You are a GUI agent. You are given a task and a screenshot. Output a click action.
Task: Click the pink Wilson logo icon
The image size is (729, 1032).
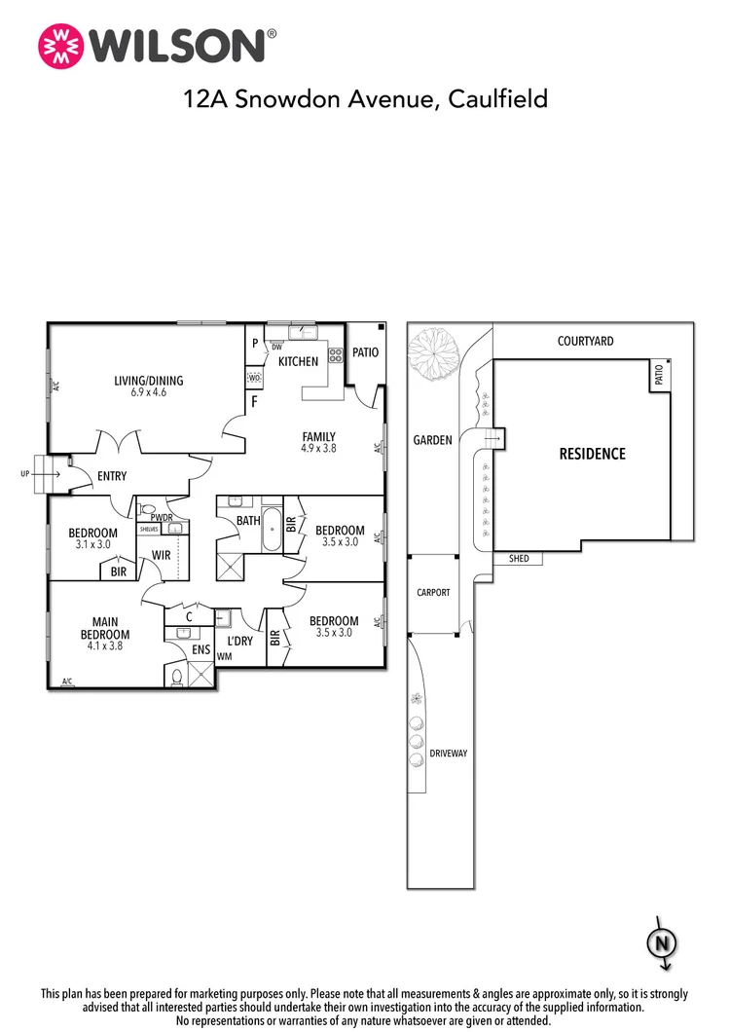click(x=61, y=46)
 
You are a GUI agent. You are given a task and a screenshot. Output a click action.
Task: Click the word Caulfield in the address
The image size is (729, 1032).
click(x=498, y=98)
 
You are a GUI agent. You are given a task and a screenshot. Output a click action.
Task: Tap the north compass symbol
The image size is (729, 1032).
click(x=662, y=943)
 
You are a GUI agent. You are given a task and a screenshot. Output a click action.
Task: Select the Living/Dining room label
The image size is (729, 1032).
click(x=149, y=381)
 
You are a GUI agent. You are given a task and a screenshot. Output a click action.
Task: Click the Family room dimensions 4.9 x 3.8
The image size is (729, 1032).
click(x=319, y=448)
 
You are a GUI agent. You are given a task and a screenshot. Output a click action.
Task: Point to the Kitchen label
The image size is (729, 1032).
click(x=298, y=361)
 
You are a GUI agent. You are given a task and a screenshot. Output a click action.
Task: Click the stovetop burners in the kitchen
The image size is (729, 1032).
click(x=336, y=355)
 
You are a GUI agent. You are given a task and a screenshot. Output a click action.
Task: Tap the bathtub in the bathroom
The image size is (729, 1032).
click(x=272, y=530)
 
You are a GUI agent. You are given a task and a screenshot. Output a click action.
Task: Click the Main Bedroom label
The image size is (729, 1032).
click(x=105, y=628)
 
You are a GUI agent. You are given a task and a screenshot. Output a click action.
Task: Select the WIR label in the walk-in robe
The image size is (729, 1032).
click(x=162, y=556)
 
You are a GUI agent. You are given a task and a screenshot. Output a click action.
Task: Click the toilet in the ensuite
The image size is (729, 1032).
click(x=176, y=678)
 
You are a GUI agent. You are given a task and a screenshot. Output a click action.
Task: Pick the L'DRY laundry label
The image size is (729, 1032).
click(x=240, y=641)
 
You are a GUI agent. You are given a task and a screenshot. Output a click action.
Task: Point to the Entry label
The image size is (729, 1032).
click(x=112, y=476)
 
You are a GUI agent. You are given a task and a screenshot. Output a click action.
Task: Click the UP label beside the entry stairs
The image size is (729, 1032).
click(x=25, y=473)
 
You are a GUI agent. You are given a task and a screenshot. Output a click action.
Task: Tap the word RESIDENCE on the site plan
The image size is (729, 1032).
click(x=592, y=454)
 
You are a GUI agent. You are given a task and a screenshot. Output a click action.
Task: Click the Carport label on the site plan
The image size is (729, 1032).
click(x=433, y=592)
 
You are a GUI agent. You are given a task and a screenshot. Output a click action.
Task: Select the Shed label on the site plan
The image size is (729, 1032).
click(x=519, y=558)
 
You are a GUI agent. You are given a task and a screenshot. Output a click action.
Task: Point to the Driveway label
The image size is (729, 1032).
click(x=449, y=753)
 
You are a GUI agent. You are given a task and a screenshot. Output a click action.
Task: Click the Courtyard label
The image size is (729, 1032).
click(x=586, y=341)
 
